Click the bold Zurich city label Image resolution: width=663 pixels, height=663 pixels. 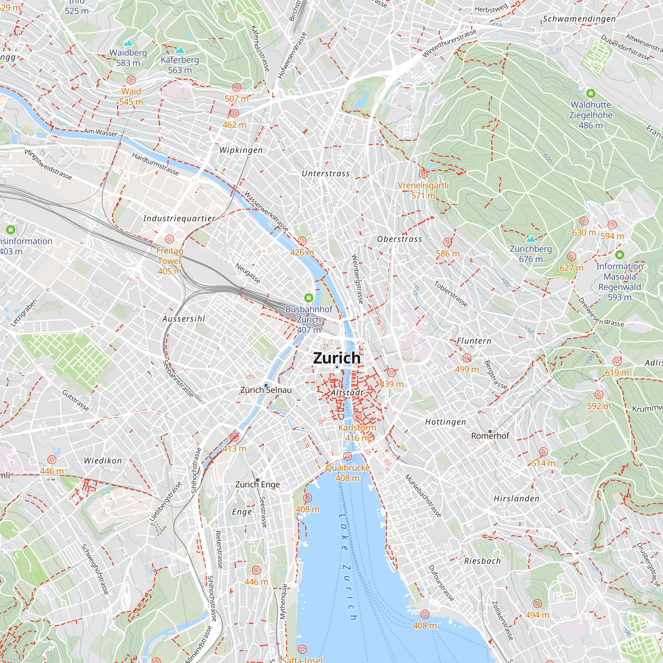coord(337,358)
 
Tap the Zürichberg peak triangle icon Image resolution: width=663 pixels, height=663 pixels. coord(530,239)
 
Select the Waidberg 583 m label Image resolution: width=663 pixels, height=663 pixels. coord(128,58)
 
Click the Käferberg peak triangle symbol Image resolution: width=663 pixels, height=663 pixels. coord(180,50)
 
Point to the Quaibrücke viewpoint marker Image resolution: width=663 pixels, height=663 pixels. coord(348,456)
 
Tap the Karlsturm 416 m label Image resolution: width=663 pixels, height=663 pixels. coord(357,432)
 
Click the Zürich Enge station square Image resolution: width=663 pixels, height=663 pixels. coord(257,480)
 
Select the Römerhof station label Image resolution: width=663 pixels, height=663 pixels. coord(490,436)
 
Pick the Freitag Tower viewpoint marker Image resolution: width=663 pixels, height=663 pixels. coord(169,239)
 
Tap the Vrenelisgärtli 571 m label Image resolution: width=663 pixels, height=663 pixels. coord(423,190)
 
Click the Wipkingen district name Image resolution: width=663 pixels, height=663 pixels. coord(241,150)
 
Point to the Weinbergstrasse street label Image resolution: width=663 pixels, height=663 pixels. coord(357,279)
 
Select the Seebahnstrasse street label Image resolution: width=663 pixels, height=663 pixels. coord(178,379)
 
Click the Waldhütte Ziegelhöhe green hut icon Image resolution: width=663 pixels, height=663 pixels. coord(590,93)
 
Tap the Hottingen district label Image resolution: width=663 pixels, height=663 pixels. coord(445,422)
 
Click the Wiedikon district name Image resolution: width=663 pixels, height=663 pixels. coord(103,460)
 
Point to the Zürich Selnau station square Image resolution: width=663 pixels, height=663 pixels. coord(266,386)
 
